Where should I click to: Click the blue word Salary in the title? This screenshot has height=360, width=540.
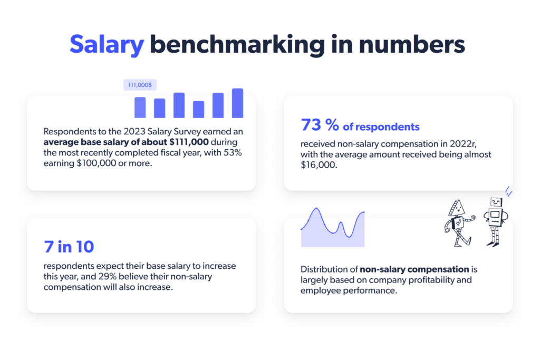(107, 45)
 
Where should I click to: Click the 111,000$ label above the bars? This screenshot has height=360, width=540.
(140, 84)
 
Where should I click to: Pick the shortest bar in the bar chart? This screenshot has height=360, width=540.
(198, 109)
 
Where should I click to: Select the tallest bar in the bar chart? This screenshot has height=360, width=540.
(237, 103)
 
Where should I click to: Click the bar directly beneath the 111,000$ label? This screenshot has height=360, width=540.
(140, 107)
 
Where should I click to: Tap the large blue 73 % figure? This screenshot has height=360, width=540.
(320, 125)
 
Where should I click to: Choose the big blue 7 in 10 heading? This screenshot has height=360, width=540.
(69, 247)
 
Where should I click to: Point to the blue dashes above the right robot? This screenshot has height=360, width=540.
(508, 191)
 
